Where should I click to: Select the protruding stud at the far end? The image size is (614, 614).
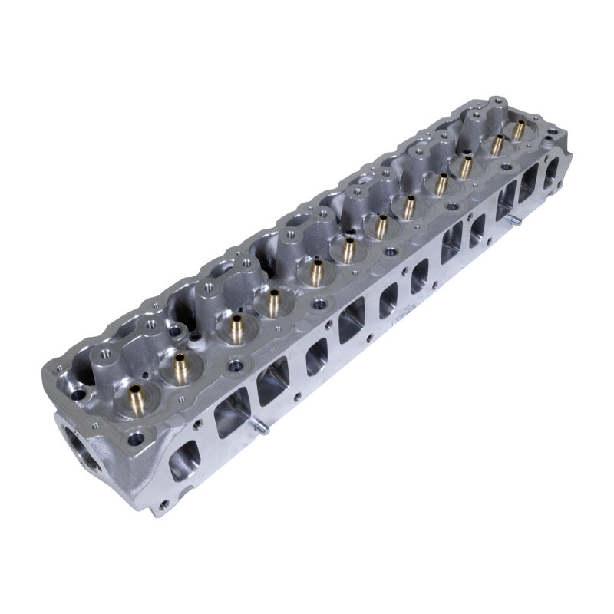tap(513, 221)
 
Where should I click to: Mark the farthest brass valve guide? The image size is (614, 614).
tap(519, 127)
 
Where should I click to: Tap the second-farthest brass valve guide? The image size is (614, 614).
tap(497, 144)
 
